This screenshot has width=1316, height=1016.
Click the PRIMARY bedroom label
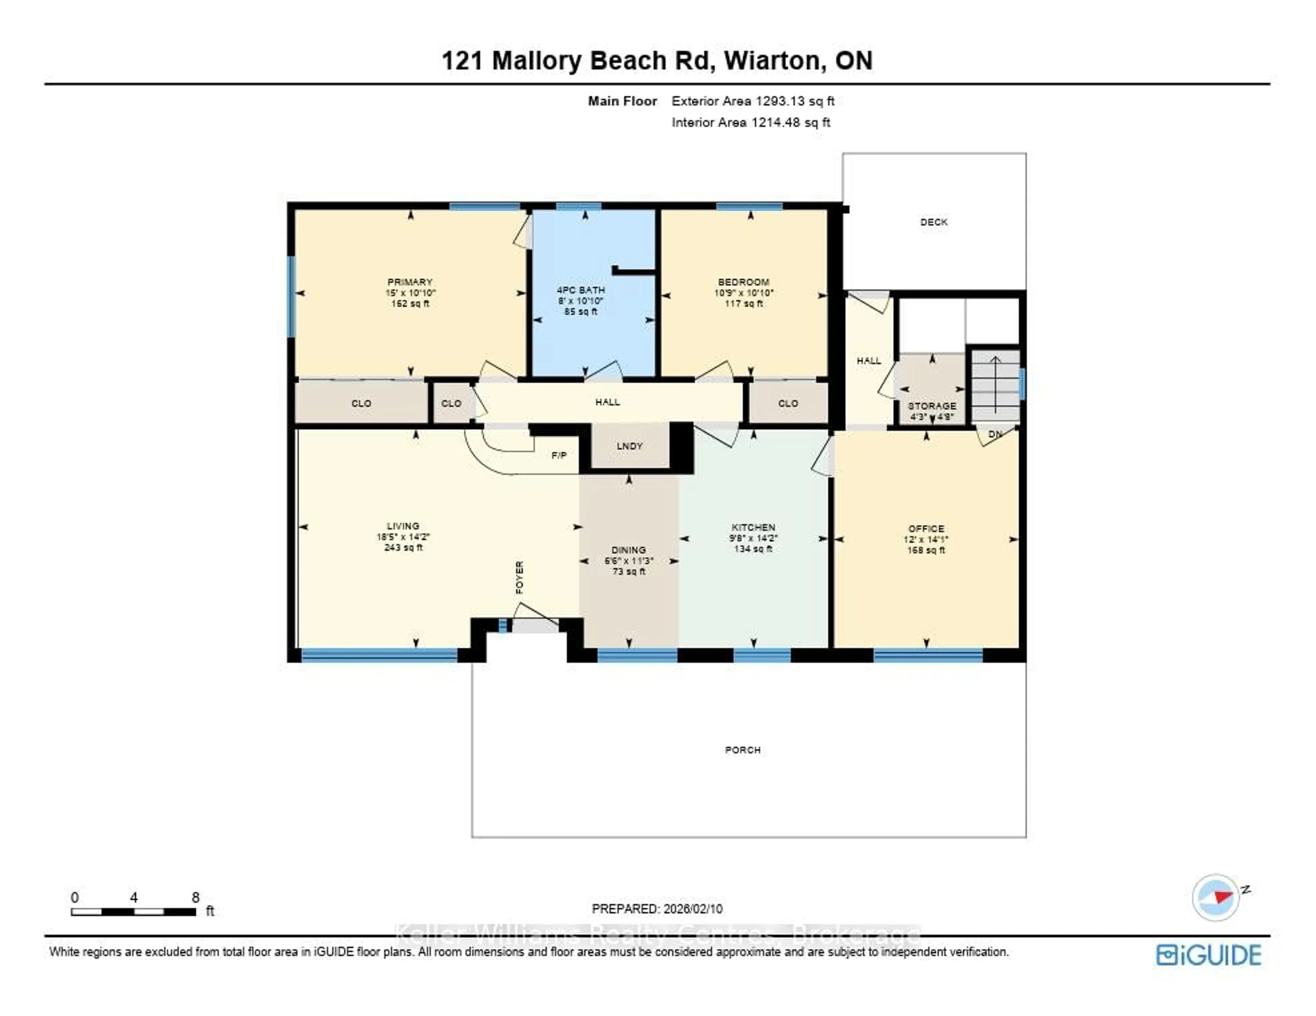[410, 282]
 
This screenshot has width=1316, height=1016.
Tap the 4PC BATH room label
[580, 290]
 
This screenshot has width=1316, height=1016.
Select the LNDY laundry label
[629, 446]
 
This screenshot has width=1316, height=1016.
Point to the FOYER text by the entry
[520, 577]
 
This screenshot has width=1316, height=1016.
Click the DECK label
[934, 222]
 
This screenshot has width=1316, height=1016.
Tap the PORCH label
[742, 750]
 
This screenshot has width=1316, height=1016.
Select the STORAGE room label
[931, 406]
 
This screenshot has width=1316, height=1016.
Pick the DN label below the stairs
[995, 434]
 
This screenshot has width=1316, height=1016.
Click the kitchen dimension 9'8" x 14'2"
[753, 538]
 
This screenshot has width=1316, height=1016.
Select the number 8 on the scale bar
[195, 897]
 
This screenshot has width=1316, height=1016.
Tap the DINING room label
[629, 550]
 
